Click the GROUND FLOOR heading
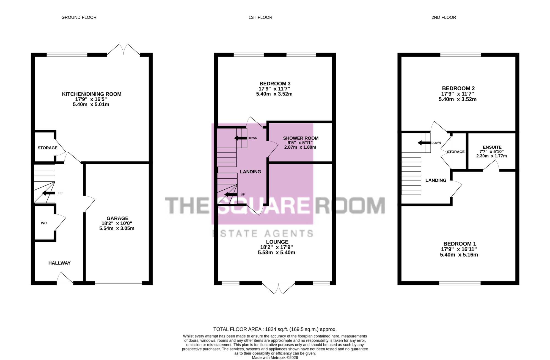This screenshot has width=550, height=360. click(79, 17)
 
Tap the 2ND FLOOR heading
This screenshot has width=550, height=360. click(444, 17)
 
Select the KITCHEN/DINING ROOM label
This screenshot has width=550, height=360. click(92, 94)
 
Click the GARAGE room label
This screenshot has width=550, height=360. click(117, 218)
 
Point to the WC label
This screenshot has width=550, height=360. click(44, 223)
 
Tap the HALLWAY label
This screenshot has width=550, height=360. click(59, 263)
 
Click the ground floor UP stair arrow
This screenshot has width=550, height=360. click(48, 193)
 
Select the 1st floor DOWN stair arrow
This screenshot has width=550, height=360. click(240, 138)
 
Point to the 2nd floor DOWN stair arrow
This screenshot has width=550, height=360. click(424, 143)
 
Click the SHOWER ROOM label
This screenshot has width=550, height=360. click(301, 138)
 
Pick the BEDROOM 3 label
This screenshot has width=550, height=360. click(275, 84)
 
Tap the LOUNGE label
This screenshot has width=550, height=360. click(277, 242)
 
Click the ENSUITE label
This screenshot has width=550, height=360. click(492, 147)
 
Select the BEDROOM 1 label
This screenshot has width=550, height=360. click(460, 244)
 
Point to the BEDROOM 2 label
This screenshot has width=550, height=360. click(458, 88)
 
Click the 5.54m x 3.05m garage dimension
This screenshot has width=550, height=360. click(117, 228)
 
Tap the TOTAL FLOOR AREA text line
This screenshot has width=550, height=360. click(275, 329)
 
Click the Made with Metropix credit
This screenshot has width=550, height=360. click(275, 358)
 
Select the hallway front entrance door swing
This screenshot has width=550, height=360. click(65, 277)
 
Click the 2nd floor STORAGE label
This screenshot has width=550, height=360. click(456, 152)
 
